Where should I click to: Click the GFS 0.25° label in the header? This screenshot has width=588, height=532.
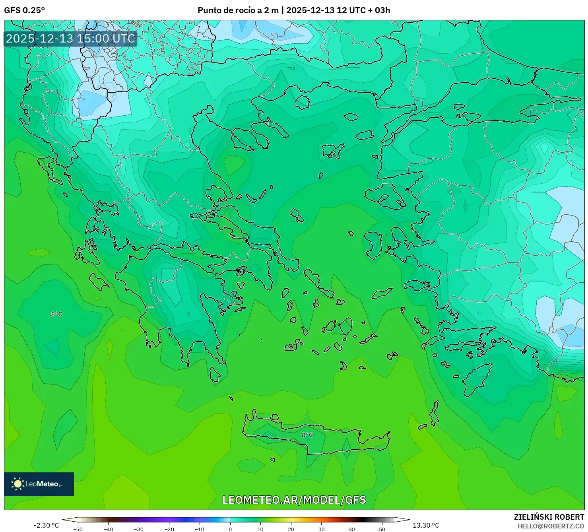coord(25,10)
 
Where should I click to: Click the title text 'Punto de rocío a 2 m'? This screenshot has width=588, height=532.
coord(238,10)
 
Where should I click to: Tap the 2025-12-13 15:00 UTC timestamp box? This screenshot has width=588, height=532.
coord(70,39)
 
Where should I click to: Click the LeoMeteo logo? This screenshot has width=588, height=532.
coord(39,484)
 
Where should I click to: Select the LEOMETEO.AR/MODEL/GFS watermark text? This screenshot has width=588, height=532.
coord(294,500)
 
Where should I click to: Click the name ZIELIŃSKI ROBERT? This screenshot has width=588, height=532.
coord(549,517)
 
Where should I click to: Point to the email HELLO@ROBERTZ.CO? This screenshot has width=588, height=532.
coord(551,526)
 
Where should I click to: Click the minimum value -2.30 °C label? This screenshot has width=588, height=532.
coord(46,525)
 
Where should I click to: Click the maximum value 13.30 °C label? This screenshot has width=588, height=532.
coord(426,525)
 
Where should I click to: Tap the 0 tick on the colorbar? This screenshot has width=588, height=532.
coord(230,529)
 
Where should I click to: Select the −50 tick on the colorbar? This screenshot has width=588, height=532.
coord(78,529)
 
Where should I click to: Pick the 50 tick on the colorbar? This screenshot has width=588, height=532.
coord(382,529)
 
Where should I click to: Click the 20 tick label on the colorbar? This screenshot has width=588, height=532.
coord(291,529)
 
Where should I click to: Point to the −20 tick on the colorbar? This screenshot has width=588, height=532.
coord(169,529)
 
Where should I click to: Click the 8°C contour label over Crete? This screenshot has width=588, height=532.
coord(307,435)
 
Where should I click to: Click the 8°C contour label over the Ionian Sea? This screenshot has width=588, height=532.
coord(56,314)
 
